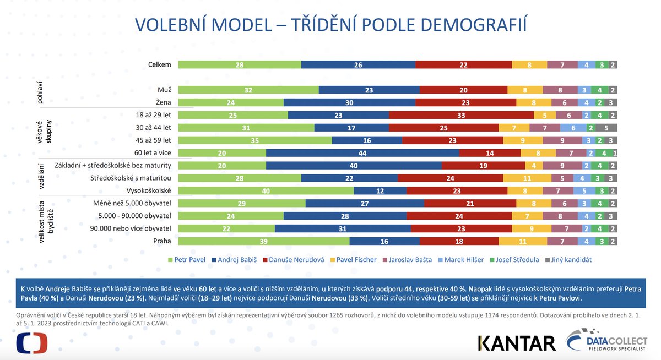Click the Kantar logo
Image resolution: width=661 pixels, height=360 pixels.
517,343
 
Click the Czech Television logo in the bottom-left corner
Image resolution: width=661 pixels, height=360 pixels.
32,343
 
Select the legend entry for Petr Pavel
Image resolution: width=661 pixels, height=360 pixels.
186,259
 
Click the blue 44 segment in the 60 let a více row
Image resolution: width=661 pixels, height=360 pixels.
362,153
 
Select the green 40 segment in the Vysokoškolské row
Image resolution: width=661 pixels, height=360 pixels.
266,190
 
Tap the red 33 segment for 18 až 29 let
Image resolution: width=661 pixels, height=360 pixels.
461,115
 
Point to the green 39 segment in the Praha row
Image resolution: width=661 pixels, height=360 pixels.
263,241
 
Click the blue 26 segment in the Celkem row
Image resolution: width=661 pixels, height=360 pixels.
358,64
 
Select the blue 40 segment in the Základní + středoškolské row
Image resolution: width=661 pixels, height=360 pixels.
354,165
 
